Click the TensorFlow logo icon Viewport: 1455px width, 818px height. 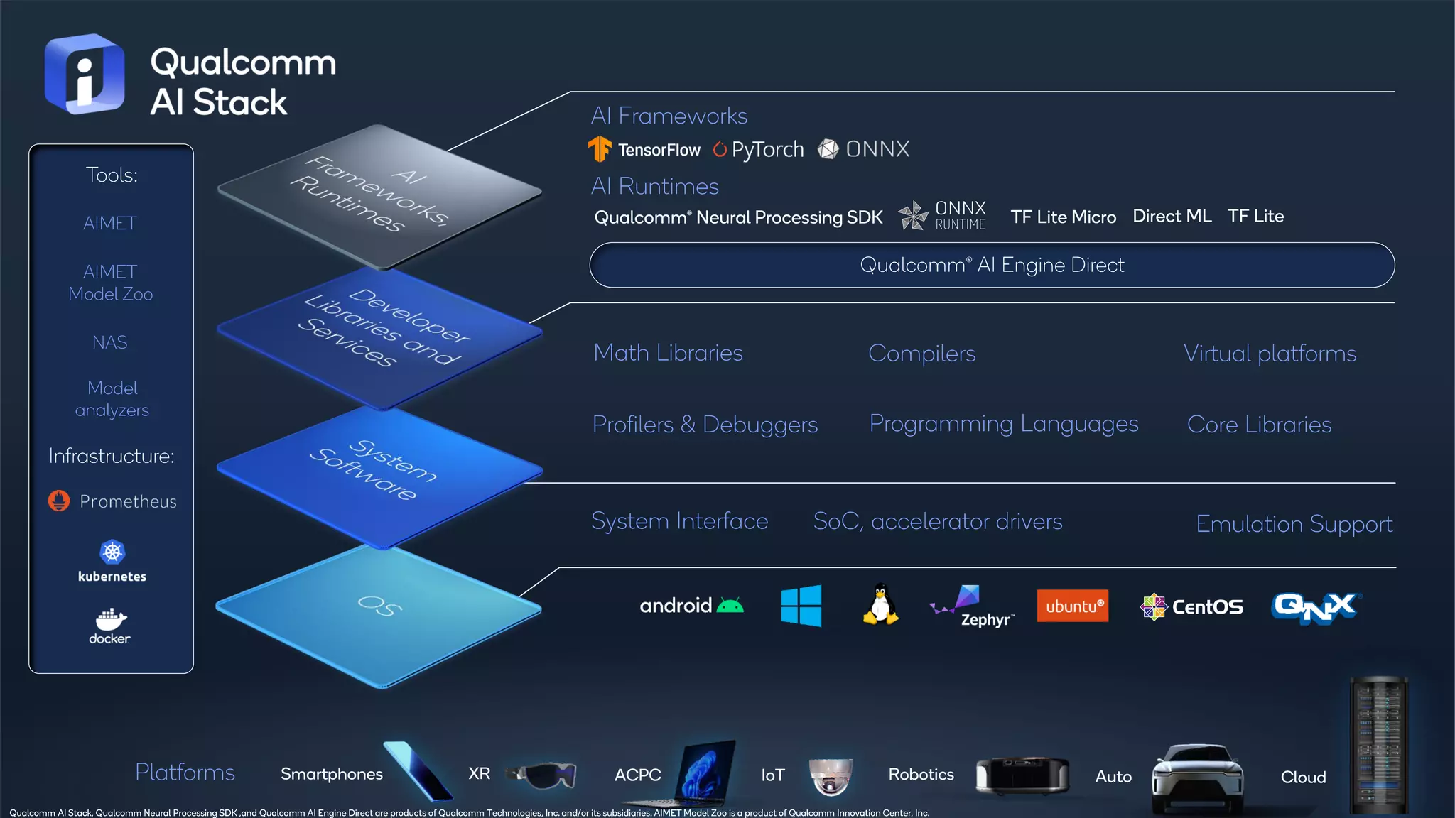(600, 149)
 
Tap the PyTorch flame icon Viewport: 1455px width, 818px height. (720, 149)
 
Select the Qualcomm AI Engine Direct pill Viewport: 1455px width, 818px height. (992, 265)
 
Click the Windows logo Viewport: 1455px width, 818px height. (801, 606)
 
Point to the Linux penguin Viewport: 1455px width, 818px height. (880, 604)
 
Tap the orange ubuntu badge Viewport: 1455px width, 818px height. (1072, 606)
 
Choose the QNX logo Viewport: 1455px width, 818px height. (1316, 607)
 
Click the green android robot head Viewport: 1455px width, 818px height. (730, 606)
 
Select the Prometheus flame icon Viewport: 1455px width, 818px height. (59, 501)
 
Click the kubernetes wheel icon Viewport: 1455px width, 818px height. (112, 552)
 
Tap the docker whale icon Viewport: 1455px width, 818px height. (111, 619)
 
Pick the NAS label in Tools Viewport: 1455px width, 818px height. (110, 342)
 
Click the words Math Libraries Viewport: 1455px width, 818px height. (668, 353)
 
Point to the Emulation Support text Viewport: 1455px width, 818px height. (1294, 524)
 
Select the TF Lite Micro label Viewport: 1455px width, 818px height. (1063, 217)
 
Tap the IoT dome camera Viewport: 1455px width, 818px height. (831, 775)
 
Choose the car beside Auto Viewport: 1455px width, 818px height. (1198, 778)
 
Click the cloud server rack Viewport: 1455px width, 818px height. (1378, 746)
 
